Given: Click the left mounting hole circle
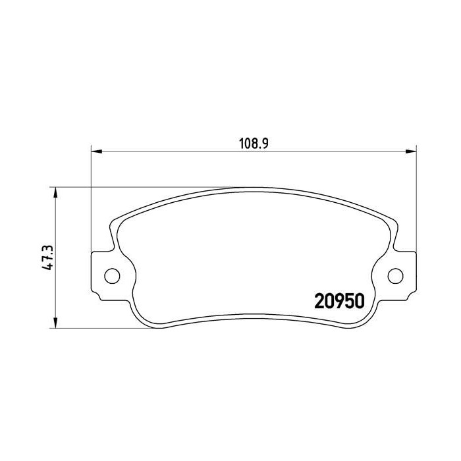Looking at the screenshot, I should pos(112,275).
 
